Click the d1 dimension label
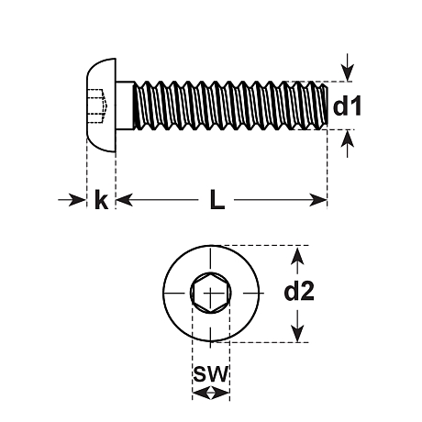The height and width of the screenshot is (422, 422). [x=347, y=105]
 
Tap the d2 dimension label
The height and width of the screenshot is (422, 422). [x=299, y=291]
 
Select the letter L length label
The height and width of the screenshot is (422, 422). [x=217, y=199]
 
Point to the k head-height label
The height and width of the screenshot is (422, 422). [x=101, y=199]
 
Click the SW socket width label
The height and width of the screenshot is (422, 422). [x=211, y=373]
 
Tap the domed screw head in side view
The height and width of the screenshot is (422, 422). [x=101, y=105]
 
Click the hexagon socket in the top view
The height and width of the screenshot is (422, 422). [x=211, y=293]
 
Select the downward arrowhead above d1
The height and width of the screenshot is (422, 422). [x=348, y=72]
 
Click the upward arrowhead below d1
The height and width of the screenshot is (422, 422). [x=348, y=139]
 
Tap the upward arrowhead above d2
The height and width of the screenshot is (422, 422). [x=297, y=256]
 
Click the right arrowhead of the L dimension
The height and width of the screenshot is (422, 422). [x=318, y=200]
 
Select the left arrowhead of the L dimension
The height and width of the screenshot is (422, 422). [x=126, y=200]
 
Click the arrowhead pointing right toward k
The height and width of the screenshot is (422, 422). [x=76, y=200]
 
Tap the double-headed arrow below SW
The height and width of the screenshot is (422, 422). [x=211, y=393]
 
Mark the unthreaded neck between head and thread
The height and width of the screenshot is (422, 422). [x=125, y=105]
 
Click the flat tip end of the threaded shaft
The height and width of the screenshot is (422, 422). [x=328, y=105]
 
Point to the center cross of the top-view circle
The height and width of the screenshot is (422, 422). [x=211, y=293]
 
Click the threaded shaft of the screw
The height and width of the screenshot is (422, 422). [x=231, y=105]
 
